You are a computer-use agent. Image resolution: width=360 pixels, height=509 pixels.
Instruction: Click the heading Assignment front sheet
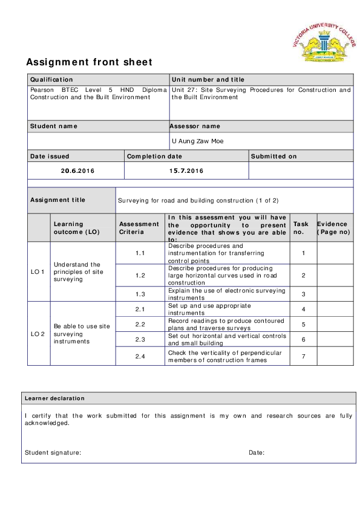click(89, 62)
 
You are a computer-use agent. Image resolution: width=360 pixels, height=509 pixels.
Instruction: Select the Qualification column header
click(51, 80)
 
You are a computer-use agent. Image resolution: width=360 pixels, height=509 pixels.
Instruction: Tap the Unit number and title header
click(208, 80)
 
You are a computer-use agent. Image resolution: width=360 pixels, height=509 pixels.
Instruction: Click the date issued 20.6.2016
click(77, 171)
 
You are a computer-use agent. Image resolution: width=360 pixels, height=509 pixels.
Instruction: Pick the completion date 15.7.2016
click(186, 171)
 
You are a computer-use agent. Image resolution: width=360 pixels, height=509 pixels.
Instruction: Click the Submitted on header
click(273, 157)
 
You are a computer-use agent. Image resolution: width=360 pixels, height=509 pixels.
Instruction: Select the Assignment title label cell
click(58, 200)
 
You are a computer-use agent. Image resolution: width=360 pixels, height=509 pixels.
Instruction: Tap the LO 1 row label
click(38, 272)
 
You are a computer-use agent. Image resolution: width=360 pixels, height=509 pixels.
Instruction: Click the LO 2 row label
click(38, 334)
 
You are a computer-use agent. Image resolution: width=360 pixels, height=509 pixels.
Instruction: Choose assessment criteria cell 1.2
click(140, 276)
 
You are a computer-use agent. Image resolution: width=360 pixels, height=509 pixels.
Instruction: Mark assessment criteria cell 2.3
click(140, 340)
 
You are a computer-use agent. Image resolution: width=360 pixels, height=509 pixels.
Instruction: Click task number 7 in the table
click(303, 356)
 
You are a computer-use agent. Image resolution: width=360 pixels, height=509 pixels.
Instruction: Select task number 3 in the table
click(303, 294)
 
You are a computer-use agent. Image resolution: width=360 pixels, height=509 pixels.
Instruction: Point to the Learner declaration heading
click(54, 398)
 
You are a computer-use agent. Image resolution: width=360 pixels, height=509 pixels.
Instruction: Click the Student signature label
click(53, 453)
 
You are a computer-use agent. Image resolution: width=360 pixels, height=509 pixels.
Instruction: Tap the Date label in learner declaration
click(257, 453)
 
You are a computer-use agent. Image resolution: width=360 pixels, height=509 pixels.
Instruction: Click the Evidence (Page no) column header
click(333, 228)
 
